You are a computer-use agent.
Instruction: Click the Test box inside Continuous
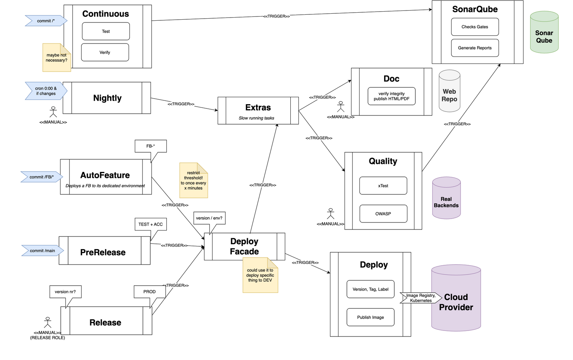[106, 31]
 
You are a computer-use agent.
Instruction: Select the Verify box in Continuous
[105, 52]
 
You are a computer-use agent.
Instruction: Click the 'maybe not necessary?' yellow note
[56, 58]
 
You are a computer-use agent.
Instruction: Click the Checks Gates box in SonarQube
[475, 27]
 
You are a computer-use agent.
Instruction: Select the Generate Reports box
[475, 48]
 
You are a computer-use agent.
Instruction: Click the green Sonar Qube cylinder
[544, 34]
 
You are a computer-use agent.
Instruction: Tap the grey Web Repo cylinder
[449, 92]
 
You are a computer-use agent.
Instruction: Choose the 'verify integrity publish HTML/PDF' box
[391, 96]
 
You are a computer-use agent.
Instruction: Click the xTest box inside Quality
[383, 186]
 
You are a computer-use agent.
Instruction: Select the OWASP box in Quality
[383, 214]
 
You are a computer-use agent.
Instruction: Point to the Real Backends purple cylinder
[446, 199]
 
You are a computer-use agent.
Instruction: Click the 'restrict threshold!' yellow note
[193, 181]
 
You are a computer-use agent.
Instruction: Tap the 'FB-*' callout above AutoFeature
[151, 146]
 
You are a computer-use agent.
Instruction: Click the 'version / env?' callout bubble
[209, 218]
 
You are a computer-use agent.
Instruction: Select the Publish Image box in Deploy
[370, 317]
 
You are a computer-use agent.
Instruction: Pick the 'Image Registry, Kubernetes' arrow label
[421, 298]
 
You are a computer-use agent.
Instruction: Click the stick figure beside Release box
[47, 322]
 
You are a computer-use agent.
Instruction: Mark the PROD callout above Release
[150, 292]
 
